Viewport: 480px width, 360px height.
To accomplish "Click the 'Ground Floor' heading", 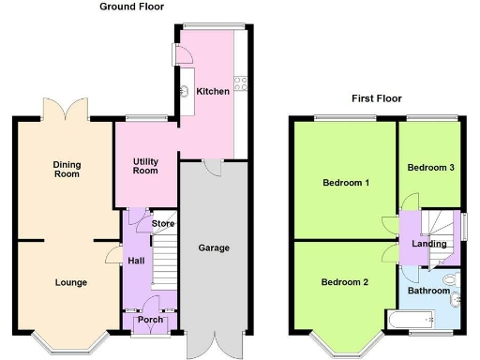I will click(132, 7).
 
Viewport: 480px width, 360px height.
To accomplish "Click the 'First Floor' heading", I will click(376, 97).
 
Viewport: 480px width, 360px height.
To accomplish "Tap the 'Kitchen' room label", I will click(212, 91).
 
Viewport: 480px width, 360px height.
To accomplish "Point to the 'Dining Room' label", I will click(67, 170).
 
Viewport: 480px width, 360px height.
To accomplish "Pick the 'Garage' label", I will click(214, 248).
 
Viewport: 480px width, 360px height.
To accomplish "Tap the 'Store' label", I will click(164, 224).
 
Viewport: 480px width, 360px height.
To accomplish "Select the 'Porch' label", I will click(150, 321).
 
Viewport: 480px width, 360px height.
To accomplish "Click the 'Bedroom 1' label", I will click(343, 182).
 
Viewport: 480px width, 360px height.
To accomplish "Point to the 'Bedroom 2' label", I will click(344, 282).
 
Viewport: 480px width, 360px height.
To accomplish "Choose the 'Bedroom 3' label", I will click(430, 167).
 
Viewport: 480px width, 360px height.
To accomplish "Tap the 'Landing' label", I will click(429, 244).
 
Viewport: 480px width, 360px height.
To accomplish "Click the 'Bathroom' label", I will click(427, 291).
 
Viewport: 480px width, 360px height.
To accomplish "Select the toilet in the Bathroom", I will click(447, 278).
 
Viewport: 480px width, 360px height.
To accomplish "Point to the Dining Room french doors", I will click(66, 106).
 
